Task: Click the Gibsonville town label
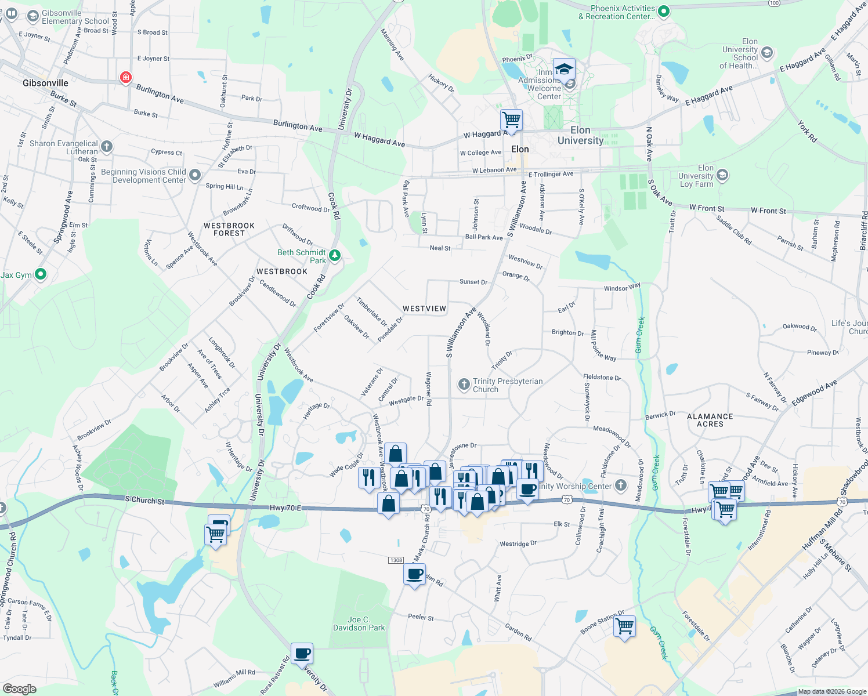click(45, 83)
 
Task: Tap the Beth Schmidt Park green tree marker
click(335, 255)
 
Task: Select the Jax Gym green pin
click(40, 274)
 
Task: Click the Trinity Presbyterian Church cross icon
click(464, 384)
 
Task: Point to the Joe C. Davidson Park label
click(359, 623)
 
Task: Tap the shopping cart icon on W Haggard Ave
click(511, 120)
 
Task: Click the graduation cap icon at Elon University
click(564, 69)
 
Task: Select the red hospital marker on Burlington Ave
click(125, 77)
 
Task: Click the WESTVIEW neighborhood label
click(424, 309)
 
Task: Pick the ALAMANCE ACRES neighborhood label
click(710, 420)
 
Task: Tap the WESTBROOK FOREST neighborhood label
click(229, 229)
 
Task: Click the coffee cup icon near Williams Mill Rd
click(302, 654)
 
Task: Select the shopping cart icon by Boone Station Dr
click(624, 626)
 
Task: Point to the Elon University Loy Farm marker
click(722, 175)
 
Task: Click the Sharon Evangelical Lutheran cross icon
click(106, 146)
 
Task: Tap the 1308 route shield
click(396, 560)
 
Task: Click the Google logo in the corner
click(20, 688)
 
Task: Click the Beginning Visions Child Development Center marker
click(195, 175)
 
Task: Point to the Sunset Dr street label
click(473, 282)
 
